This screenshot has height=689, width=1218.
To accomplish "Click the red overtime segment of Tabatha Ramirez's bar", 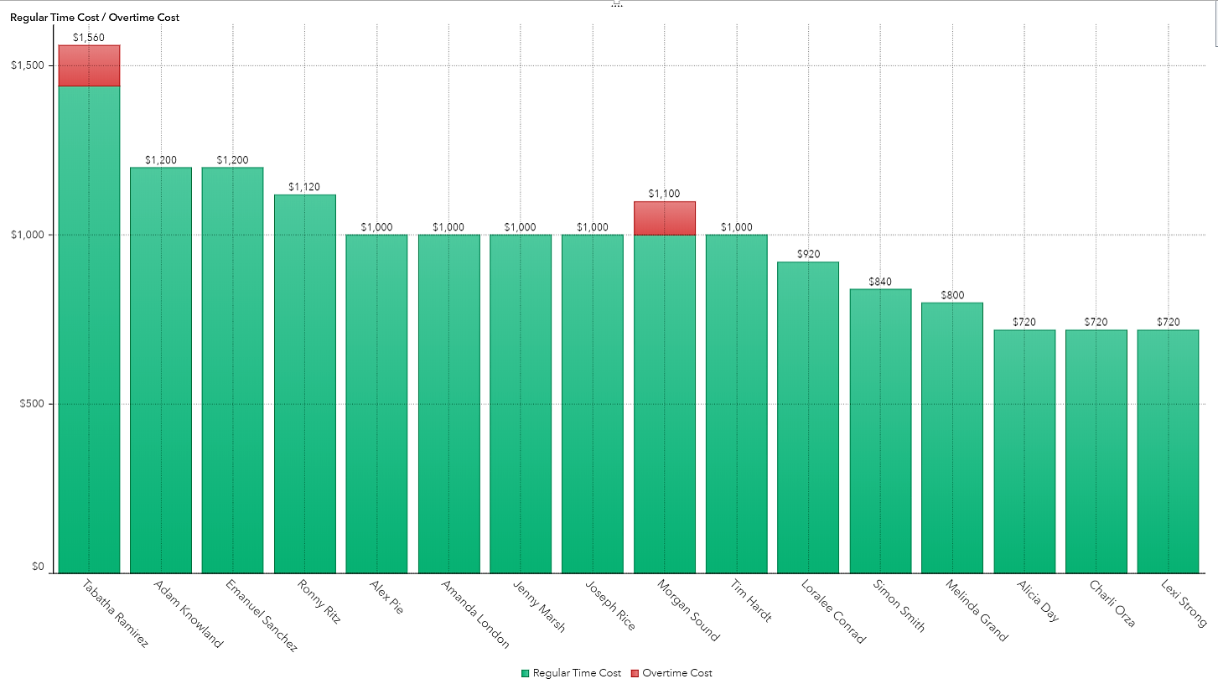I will [89, 65].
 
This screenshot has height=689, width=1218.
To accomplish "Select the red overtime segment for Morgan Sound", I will [664, 218].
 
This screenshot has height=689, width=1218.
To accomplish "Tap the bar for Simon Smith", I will [880, 431].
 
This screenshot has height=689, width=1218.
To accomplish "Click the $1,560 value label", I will [89, 38].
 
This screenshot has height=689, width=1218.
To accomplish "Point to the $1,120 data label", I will [304, 187].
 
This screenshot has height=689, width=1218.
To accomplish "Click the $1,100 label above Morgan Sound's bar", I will [664, 194].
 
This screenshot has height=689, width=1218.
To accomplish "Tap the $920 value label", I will [808, 254].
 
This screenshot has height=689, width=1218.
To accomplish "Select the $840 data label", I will [880, 282].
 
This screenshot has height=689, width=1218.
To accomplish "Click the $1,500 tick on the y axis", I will [27, 65].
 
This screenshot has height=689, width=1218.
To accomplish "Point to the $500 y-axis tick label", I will [32, 404].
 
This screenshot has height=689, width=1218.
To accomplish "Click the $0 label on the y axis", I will [38, 567].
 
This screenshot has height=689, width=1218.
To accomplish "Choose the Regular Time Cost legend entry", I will [572, 673].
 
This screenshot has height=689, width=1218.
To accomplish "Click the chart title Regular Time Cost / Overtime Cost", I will [95, 17].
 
